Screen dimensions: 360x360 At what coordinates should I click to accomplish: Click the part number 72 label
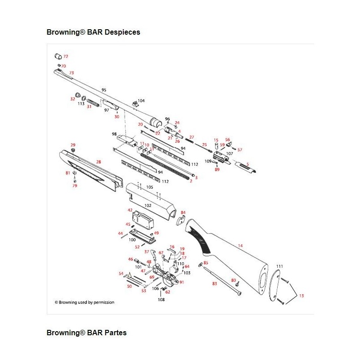click(x=66, y=57)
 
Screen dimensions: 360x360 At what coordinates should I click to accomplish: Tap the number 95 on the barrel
click(x=104, y=90)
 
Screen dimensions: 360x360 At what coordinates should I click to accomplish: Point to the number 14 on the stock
click(x=240, y=246)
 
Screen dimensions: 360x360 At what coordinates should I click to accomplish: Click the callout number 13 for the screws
click(x=301, y=296)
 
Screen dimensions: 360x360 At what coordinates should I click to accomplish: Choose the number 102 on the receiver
click(x=148, y=205)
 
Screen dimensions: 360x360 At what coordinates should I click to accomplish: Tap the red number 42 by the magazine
click(x=130, y=210)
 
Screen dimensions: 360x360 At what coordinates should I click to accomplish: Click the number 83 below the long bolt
click(x=215, y=283)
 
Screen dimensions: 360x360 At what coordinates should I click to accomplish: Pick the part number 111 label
click(x=279, y=267)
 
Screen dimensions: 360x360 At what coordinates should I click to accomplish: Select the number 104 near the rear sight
click(x=141, y=101)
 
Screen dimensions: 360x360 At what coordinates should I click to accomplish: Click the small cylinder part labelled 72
click(x=58, y=56)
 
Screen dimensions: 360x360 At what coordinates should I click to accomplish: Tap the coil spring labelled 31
click(x=93, y=102)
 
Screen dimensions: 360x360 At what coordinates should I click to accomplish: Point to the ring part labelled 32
click(x=78, y=96)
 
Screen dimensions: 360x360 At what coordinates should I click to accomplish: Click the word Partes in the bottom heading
click(x=115, y=333)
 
